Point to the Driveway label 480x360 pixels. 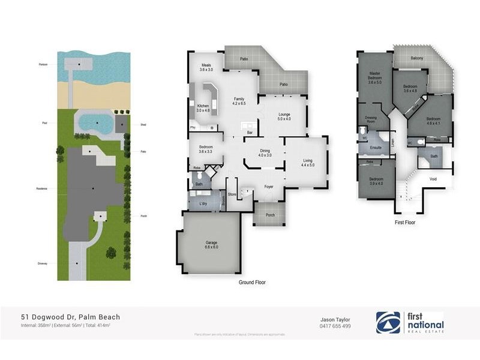(x=42, y=263)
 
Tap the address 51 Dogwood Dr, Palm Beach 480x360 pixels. (x=71, y=317)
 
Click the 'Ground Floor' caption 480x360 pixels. (x=252, y=282)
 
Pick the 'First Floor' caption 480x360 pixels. (x=406, y=223)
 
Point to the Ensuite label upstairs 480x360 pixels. (x=376, y=147)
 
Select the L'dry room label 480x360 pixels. (x=203, y=203)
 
